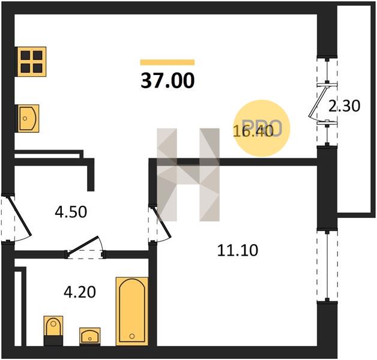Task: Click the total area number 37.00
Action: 167,81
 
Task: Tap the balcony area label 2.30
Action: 345,106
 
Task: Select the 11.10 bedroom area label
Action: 238,250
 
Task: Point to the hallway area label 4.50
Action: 71,212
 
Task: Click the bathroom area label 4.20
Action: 80,292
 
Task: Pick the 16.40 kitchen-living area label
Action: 253,131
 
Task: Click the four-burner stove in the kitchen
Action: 31,62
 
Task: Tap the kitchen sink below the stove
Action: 28,118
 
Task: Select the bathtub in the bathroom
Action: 132,311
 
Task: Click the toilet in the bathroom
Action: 53,331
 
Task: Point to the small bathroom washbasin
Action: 90,336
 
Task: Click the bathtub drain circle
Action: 131,336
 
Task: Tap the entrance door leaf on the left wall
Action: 19,215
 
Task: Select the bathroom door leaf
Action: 83,245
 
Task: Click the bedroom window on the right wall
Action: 327,266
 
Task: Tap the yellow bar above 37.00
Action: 167,62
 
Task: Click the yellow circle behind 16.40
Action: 262,128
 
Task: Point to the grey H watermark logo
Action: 188,175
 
